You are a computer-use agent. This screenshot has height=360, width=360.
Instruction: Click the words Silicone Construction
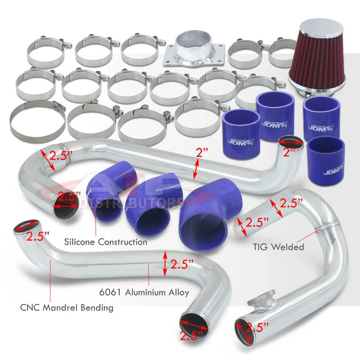coord(105,242)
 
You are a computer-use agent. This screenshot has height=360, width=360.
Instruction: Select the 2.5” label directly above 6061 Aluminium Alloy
coord(181,264)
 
